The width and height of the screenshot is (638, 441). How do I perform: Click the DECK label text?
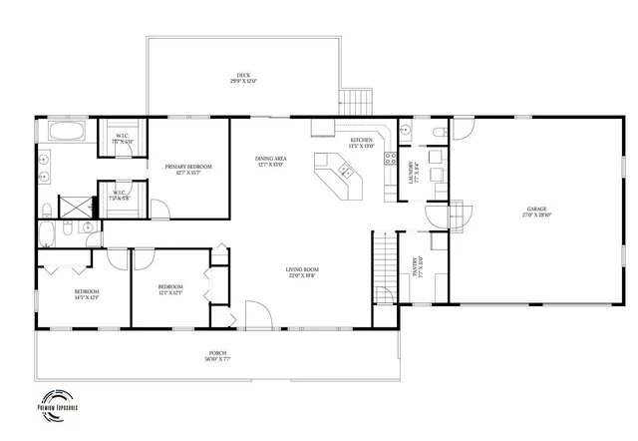(x=243, y=75)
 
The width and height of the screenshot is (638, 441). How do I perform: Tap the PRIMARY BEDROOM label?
(x=182, y=168)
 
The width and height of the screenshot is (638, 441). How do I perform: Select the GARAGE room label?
(x=537, y=211)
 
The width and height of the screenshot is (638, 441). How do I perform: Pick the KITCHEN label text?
(x=361, y=140)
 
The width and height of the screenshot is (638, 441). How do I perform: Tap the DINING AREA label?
(x=271, y=159)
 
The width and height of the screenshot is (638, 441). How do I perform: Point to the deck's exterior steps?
(x=356, y=102)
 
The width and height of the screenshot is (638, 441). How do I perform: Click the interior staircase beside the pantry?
(x=385, y=265)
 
